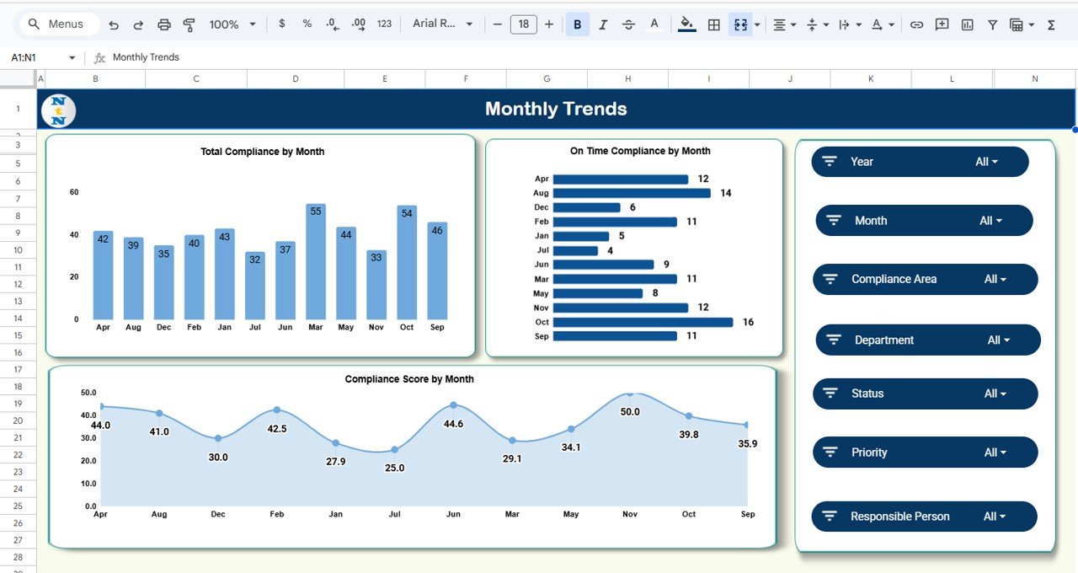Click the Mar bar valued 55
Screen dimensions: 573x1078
[316, 261]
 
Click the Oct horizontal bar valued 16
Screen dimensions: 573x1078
[643, 322]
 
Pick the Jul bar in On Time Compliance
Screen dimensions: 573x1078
[575, 250]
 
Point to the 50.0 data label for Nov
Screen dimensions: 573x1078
[630, 412]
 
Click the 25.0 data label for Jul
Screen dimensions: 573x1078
[394, 468]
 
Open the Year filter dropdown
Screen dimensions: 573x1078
[985, 162]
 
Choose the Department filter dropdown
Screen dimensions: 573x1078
[998, 340]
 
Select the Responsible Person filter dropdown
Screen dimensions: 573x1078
[994, 517]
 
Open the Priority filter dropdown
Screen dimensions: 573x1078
[995, 453]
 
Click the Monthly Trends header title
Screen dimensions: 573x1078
[556, 109]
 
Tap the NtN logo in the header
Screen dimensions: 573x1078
[58, 110]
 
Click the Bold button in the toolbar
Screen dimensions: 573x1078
[577, 24]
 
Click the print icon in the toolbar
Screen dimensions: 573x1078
[164, 24]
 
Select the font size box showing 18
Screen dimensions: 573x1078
[523, 24]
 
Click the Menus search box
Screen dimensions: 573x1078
[59, 24]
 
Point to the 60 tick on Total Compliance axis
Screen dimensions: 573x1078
[74, 192]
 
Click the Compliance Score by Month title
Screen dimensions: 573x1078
[409, 379]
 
